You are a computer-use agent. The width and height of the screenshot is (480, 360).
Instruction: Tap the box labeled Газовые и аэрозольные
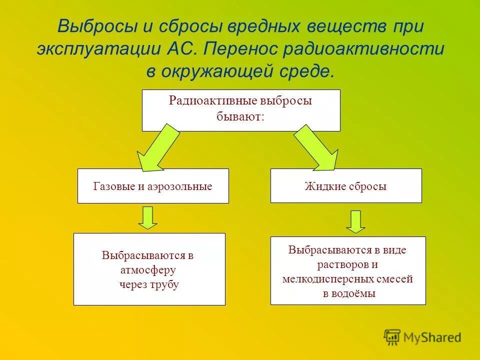(x=153, y=186)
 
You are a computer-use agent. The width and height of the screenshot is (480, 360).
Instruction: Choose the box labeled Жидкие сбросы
(x=346, y=186)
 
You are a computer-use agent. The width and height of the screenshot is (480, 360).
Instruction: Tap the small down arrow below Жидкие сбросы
(x=355, y=221)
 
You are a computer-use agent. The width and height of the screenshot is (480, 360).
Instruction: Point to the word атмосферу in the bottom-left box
(x=148, y=270)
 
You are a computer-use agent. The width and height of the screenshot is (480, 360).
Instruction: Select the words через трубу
(x=149, y=285)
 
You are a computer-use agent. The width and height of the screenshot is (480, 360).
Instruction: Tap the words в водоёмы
(x=348, y=293)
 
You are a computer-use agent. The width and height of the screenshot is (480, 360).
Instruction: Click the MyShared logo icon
(x=392, y=337)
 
